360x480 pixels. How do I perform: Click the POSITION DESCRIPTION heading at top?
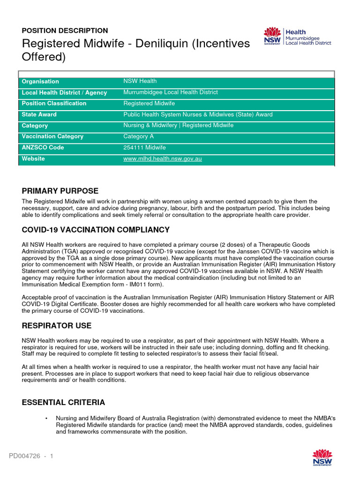click(65, 30)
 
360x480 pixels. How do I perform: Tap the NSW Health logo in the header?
click(298, 37)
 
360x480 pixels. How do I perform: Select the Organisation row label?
click(40, 82)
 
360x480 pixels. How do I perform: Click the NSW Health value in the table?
click(140, 81)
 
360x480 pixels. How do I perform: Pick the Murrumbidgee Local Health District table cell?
click(170, 92)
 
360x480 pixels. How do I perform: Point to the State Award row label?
click(39, 114)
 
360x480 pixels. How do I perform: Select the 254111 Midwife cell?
click(144, 148)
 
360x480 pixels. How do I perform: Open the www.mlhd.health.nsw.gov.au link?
click(162, 159)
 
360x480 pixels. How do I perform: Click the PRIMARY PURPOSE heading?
click(60, 191)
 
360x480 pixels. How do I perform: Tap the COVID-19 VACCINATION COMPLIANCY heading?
click(96, 230)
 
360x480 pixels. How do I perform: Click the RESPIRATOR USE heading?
click(57, 326)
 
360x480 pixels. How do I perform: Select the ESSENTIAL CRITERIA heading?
click(63, 403)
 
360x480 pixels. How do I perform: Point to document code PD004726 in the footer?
click(24, 456)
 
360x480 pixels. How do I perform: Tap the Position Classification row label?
click(54, 104)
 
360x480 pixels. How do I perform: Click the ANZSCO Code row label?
click(43, 148)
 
